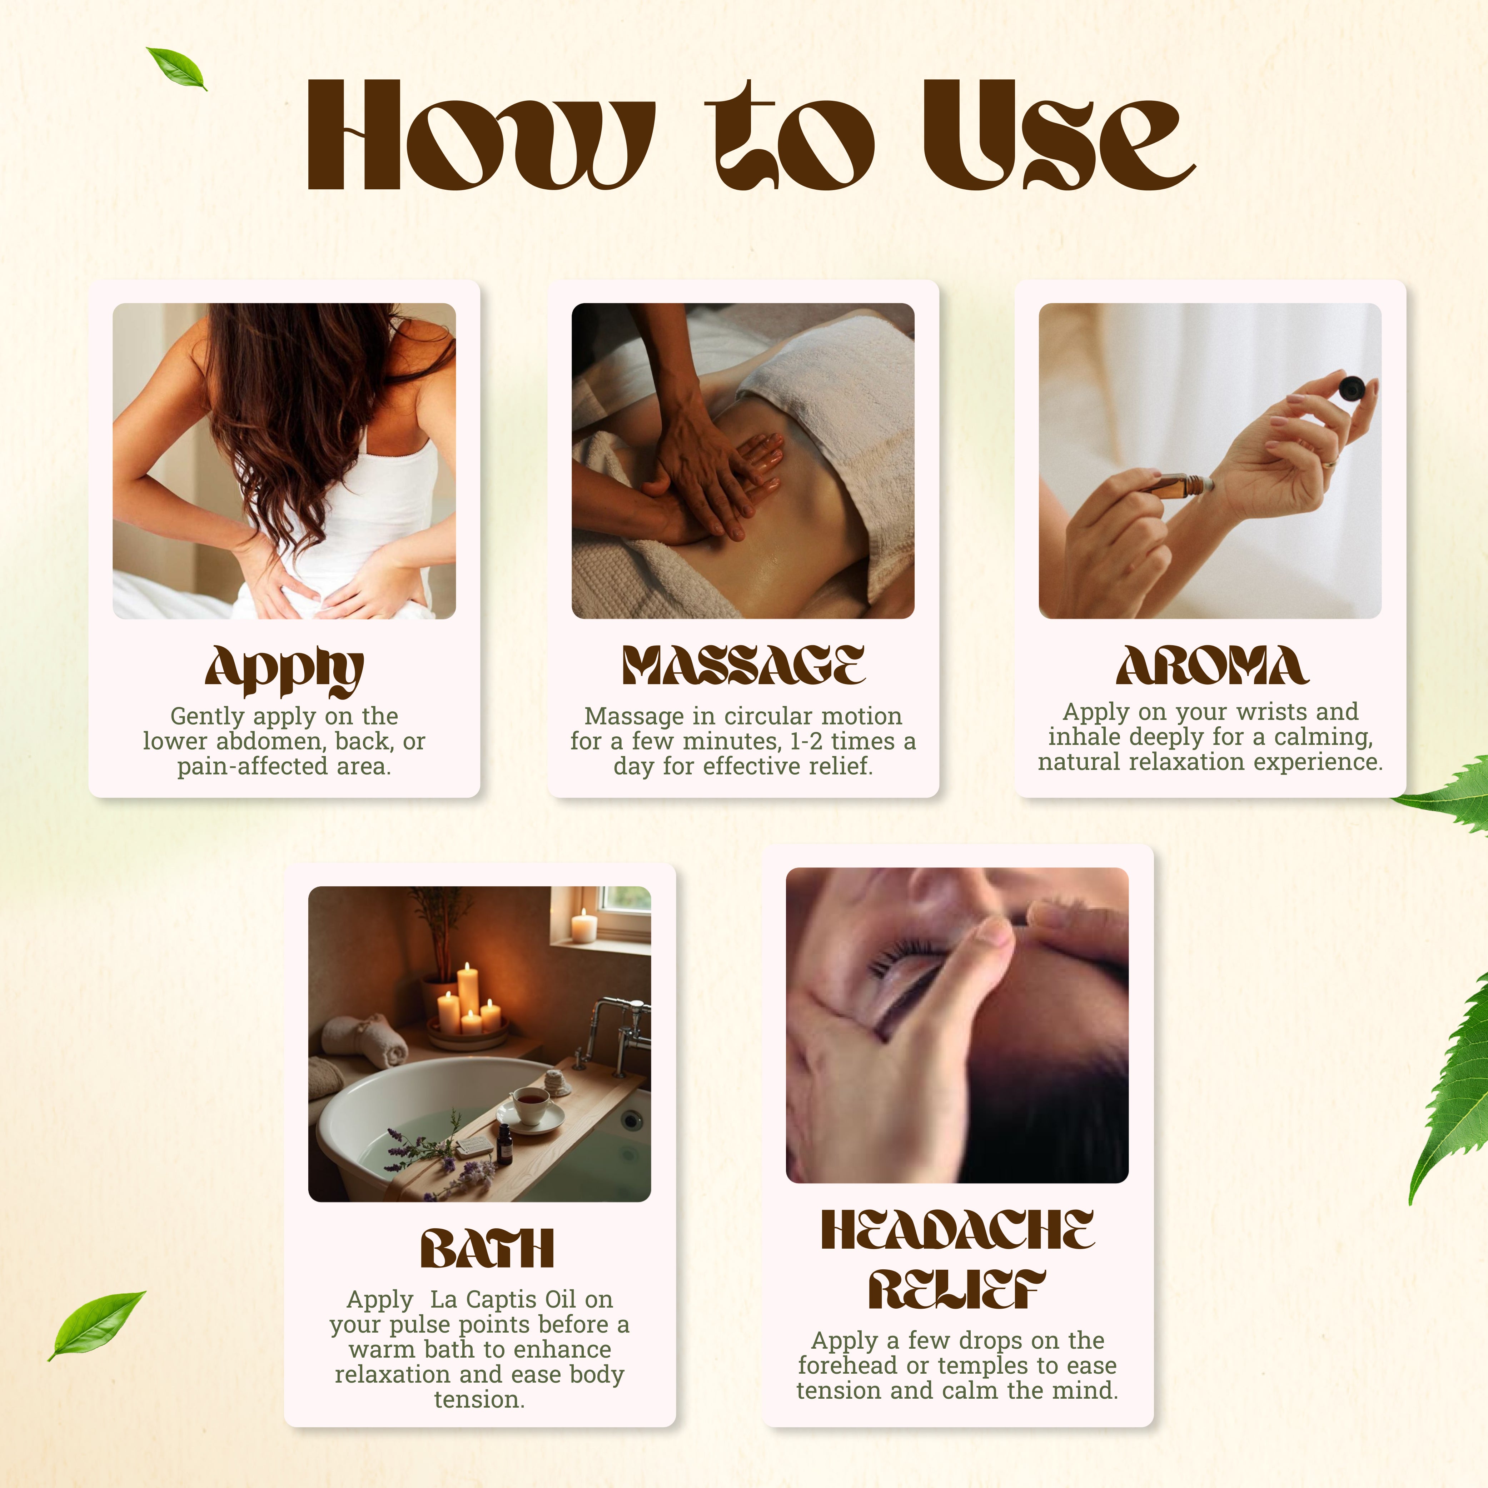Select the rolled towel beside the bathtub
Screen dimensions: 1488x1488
pos(364,1038)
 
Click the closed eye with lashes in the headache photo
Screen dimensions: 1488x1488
pos(909,970)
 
